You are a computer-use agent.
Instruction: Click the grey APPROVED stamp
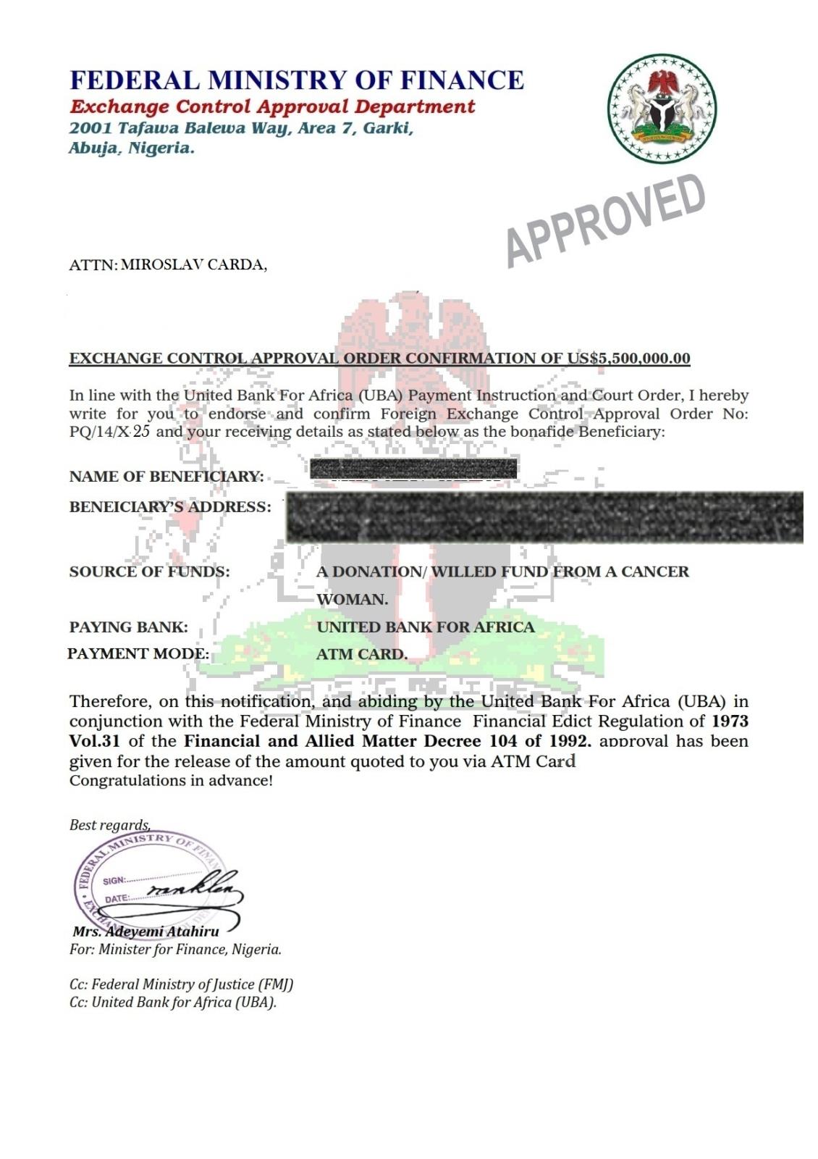[x=605, y=220]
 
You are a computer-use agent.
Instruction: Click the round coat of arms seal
[x=662, y=109]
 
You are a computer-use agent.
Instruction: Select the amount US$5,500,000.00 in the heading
[x=628, y=358]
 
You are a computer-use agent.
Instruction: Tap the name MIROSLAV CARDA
[x=193, y=264]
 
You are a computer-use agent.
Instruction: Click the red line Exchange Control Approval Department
[x=272, y=106]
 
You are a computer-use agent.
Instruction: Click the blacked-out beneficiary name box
[x=413, y=469]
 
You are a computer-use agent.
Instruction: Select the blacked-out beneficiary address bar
[x=544, y=517]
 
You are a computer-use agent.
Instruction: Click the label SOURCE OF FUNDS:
[x=150, y=572]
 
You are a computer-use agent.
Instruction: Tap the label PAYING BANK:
[x=129, y=627]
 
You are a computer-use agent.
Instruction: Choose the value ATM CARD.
[x=362, y=654]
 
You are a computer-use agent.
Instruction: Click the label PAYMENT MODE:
[x=138, y=653]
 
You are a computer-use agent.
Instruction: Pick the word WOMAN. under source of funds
[x=353, y=599]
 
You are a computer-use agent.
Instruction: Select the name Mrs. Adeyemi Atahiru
[x=146, y=932]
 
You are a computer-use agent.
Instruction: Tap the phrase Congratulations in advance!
[x=171, y=781]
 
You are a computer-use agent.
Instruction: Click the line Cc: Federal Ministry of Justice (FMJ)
[x=181, y=984]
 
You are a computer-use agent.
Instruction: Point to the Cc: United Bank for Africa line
[x=173, y=1003]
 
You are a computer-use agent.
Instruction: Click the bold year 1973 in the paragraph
[x=730, y=721]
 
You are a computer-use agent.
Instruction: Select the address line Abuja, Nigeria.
[x=132, y=148]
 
